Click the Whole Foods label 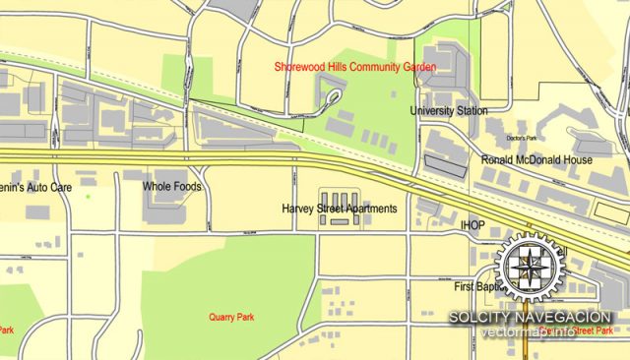(171, 186)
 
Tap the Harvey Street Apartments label (339, 209)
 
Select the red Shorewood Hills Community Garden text (356, 67)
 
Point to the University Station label (448, 111)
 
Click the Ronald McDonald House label (535, 159)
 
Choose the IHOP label (473, 225)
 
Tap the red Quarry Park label (230, 317)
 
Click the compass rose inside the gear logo (530, 268)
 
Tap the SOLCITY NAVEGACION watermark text (531, 318)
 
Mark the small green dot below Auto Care (88, 197)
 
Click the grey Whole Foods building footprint (163, 202)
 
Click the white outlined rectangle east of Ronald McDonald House (611, 209)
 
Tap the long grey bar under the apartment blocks (340, 222)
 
